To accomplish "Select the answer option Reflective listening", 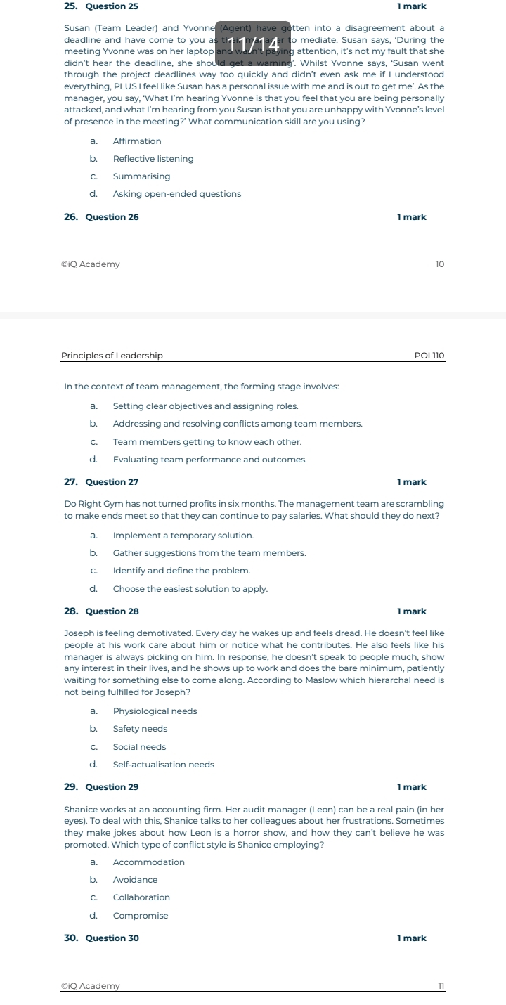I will (153, 159).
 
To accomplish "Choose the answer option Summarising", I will (141, 176).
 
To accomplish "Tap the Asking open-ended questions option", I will (176, 194).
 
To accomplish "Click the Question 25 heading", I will (111, 6).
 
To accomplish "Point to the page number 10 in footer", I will (440, 264).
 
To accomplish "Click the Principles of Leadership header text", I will (112, 356).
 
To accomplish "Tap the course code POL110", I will (429, 356).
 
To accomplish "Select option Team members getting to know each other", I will (207, 442).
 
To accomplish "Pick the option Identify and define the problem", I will (181, 571).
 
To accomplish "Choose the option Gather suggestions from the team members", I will (209, 553).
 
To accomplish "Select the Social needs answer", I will (139, 747).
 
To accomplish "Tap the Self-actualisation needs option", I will (163, 765).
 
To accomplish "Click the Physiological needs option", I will (155, 711).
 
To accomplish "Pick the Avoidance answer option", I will (135, 880).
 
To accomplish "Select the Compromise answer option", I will (141, 916).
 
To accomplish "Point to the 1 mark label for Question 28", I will (412, 611).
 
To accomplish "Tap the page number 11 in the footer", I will (441, 986).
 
